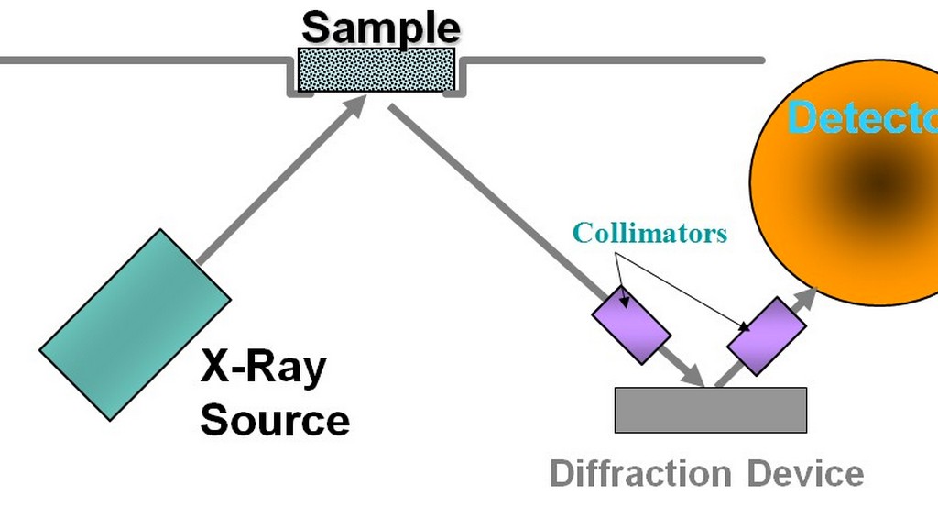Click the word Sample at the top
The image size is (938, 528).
coord(380,27)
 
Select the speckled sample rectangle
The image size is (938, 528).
coord(376,70)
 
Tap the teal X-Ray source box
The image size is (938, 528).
coord(135,324)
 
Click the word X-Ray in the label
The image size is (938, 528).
coord(263,368)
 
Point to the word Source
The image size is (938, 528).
coord(274,420)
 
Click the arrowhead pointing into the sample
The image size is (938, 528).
coord(355,104)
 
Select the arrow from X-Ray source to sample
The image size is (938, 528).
coord(275,183)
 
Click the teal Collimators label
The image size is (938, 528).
coord(649,233)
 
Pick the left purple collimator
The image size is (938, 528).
coord(630,321)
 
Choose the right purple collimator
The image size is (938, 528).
coord(766,335)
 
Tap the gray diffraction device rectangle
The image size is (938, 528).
coord(710,410)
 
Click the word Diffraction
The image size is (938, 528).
coord(639,475)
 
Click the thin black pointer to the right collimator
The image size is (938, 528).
coord(687,293)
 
